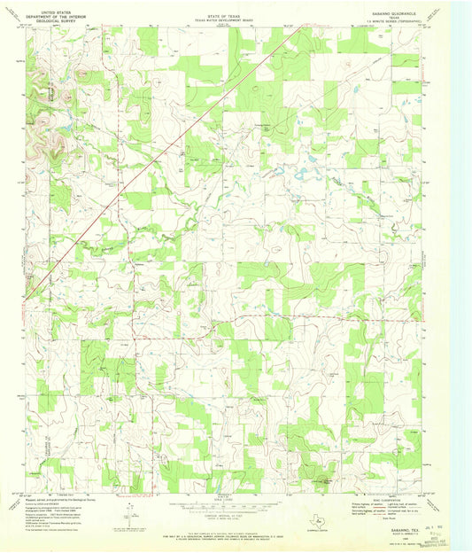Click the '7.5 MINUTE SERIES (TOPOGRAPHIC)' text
coord(389,21)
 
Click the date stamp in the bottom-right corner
coord(435,529)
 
